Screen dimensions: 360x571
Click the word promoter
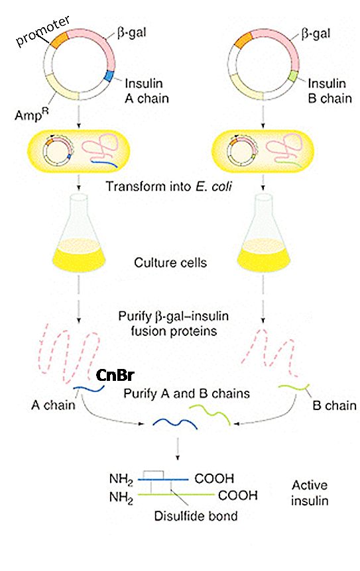click(x=42, y=31)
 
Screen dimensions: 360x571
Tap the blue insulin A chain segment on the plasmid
click(x=109, y=76)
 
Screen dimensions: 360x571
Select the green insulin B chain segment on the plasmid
click(x=292, y=76)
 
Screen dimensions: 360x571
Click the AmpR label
click(x=31, y=115)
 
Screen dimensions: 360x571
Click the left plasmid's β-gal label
click(x=132, y=33)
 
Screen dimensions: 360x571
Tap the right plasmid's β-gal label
click(x=316, y=34)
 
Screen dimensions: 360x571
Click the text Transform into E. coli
click(x=168, y=186)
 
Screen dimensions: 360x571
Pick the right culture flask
click(x=264, y=236)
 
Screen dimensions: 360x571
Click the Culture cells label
click(x=170, y=262)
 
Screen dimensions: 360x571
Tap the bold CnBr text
click(x=115, y=375)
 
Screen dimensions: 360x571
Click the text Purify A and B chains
click(x=186, y=393)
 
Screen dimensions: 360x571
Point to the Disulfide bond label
click(x=196, y=516)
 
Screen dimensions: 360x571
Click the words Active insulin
click(x=310, y=493)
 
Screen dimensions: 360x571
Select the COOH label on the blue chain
click(x=214, y=478)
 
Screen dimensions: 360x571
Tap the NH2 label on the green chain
click(x=121, y=497)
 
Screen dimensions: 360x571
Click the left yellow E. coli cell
click(x=79, y=152)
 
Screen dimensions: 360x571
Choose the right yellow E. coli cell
click(x=263, y=152)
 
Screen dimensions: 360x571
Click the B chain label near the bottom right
click(x=335, y=405)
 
